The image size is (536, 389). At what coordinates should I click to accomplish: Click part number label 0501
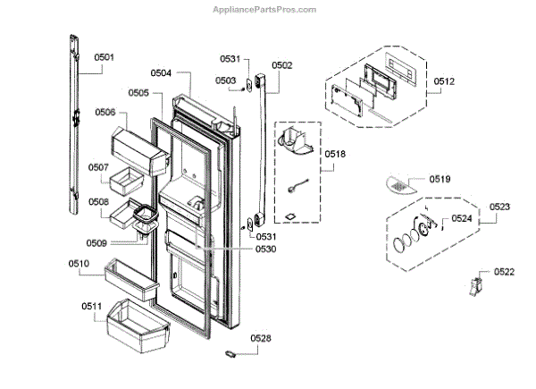coord(105,57)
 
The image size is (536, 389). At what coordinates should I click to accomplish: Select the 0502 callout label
coord(282,65)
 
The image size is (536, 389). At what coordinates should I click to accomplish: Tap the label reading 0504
coord(161,72)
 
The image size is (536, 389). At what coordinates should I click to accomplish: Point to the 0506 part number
coord(105,113)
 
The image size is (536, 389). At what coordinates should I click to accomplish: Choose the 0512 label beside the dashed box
coord(444,82)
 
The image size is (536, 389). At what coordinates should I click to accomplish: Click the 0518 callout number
coord(336,154)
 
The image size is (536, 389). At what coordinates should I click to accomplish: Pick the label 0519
coord(440,179)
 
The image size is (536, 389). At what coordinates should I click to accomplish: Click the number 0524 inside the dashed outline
coord(461,217)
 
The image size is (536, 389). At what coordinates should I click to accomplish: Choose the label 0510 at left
coord(79,263)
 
